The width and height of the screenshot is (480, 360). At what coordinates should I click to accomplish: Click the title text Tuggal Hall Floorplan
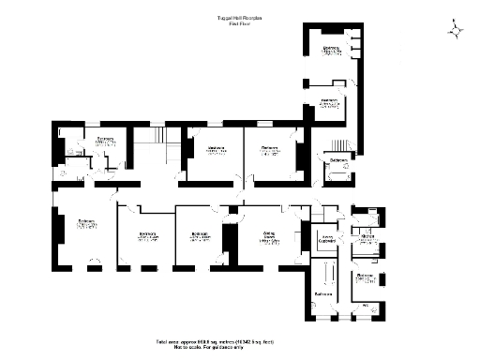pyautogui.click(x=239, y=17)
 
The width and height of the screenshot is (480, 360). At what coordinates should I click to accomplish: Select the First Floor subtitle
pyautogui.click(x=239, y=23)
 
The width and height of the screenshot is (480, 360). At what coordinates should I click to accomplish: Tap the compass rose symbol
pyautogui.click(x=457, y=31)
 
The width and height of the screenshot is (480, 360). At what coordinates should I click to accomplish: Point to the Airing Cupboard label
pyautogui.click(x=326, y=238)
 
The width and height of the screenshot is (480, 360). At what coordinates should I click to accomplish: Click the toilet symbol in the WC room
pyautogui.click(x=376, y=309)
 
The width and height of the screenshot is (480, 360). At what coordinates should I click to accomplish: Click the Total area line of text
pyautogui.click(x=239, y=342)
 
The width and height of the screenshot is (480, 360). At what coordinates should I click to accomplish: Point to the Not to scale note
pyautogui.click(x=239, y=348)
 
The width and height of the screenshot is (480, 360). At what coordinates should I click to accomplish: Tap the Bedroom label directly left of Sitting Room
pyautogui.click(x=199, y=235)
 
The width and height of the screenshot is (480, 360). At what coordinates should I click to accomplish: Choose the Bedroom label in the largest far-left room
pyautogui.click(x=84, y=224)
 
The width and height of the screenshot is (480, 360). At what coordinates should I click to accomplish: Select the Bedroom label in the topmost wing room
pyautogui.click(x=332, y=52)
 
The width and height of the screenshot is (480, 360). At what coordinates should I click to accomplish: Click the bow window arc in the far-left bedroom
pyautogui.click(x=91, y=261)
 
